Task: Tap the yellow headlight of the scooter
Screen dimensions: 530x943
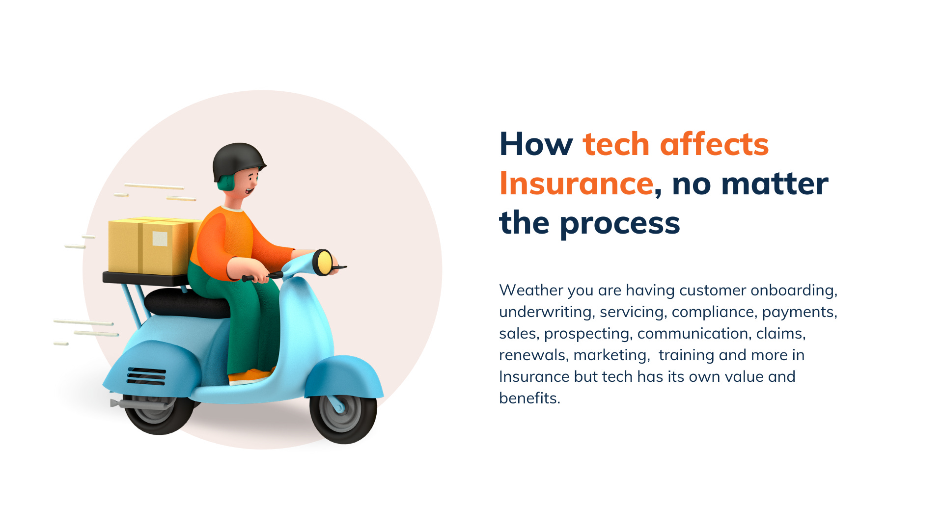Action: pos(324,263)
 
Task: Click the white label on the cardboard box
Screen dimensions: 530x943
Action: pos(160,238)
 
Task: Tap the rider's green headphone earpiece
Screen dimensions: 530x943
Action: pos(226,183)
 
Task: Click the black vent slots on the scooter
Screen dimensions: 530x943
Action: pos(146,376)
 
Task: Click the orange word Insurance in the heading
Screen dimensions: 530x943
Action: pos(576,184)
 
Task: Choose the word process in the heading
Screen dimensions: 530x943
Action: pos(620,223)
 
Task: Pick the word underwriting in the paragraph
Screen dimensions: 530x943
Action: pos(546,312)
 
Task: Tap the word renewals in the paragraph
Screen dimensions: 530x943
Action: pos(533,355)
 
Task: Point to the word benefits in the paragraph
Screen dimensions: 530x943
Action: pos(529,398)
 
